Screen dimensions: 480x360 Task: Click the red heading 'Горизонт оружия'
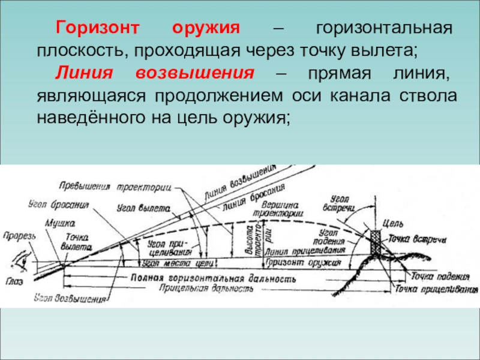pos(148,29)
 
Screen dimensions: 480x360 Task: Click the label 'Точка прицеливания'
pos(433,289)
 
